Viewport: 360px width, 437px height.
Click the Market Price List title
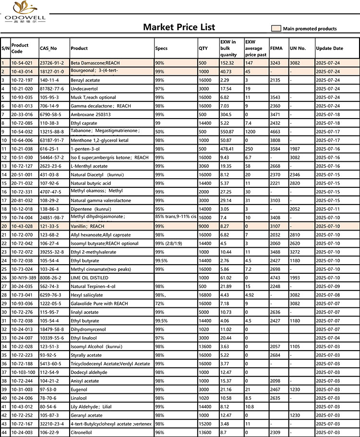point(179,27)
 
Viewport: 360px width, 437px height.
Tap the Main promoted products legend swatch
point(276,28)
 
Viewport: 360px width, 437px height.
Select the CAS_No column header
point(48,49)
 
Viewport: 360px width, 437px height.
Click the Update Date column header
point(329,49)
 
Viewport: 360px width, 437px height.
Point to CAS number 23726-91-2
point(51,63)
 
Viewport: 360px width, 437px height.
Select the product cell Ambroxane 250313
point(91,114)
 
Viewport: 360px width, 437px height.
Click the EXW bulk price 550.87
point(228,132)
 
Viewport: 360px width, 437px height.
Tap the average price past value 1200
point(251,132)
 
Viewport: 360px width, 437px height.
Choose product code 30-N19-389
point(23,278)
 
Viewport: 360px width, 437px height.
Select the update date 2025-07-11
point(329,209)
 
